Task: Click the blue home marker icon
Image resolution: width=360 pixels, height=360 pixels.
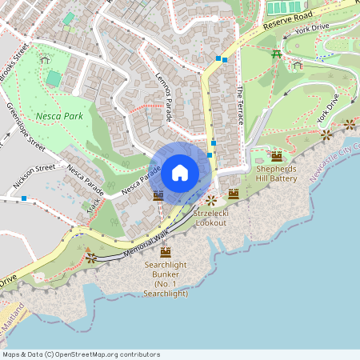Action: (x=180, y=172)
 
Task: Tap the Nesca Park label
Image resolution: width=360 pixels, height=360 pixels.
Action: (x=59, y=115)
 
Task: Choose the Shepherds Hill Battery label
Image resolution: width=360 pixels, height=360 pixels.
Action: (x=277, y=174)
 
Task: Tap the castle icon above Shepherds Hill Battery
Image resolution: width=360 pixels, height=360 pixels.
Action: (x=277, y=156)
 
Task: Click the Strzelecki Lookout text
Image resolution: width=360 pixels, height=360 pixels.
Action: (x=211, y=218)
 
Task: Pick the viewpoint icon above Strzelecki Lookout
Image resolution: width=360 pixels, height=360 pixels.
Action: (x=211, y=200)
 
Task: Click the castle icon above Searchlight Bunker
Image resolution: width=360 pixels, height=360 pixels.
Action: (x=166, y=251)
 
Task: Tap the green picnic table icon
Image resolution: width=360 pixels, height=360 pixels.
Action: (x=276, y=54)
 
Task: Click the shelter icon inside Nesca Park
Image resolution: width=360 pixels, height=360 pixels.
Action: (x=44, y=59)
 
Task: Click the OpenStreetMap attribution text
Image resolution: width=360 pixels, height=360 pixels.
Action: (x=82, y=354)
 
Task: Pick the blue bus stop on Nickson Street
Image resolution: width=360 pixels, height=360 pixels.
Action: (x=25, y=198)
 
